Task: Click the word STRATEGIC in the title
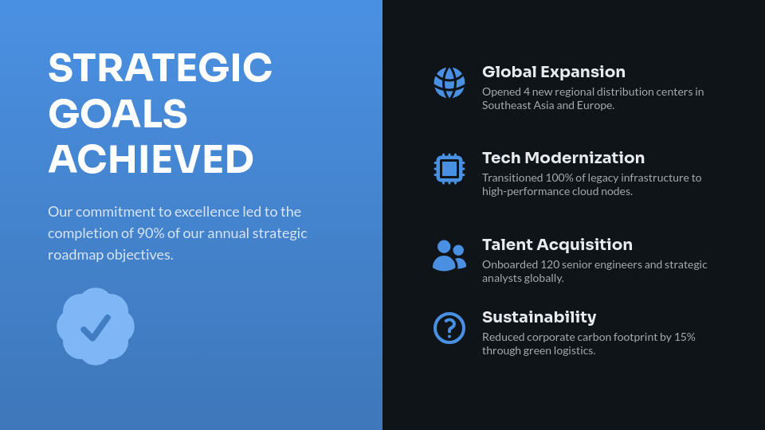(x=159, y=68)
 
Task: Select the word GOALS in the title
(x=117, y=114)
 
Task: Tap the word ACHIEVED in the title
(x=151, y=159)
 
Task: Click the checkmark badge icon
(x=96, y=326)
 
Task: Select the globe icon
(x=449, y=83)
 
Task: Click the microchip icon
(x=449, y=169)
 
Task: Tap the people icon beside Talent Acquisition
(x=449, y=256)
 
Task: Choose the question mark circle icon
(x=449, y=328)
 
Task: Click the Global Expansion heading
(x=554, y=72)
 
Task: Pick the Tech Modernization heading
(x=563, y=158)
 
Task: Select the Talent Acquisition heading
(x=557, y=244)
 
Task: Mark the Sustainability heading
(x=539, y=317)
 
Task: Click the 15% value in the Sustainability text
(x=685, y=337)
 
